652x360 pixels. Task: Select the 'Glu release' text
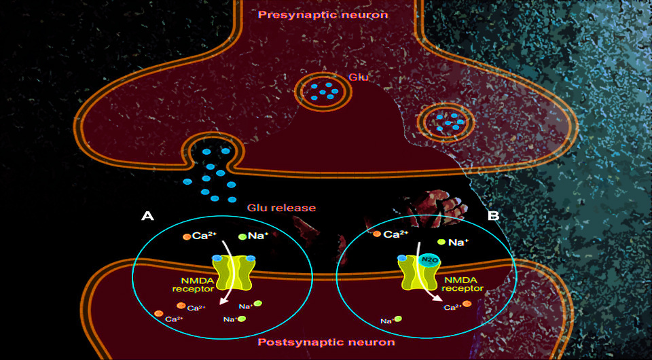[281, 207]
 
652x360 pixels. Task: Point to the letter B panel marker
[494, 216]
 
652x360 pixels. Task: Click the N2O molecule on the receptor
[427, 259]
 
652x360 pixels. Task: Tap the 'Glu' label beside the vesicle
[358, 77]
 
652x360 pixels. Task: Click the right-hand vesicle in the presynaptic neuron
[446, 123]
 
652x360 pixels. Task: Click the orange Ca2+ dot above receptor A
[186, 236]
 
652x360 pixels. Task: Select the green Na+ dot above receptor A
[242, 236]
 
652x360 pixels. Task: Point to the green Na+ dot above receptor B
[441, 242]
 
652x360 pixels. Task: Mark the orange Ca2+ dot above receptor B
[377, 234]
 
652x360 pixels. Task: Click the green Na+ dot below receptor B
[399, 318]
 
